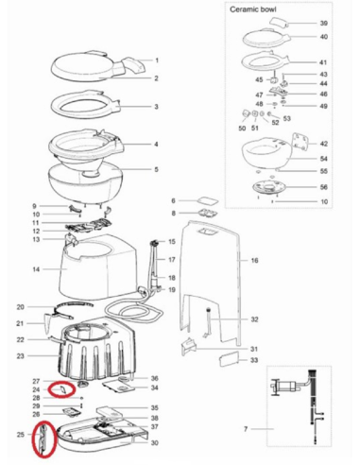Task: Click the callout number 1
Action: [x=156, y=60]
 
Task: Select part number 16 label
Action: [x=254, y=259]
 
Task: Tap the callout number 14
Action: [x=36, y=269]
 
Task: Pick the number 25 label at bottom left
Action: [x=21, y=435]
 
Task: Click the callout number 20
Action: [x=20, y=307]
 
